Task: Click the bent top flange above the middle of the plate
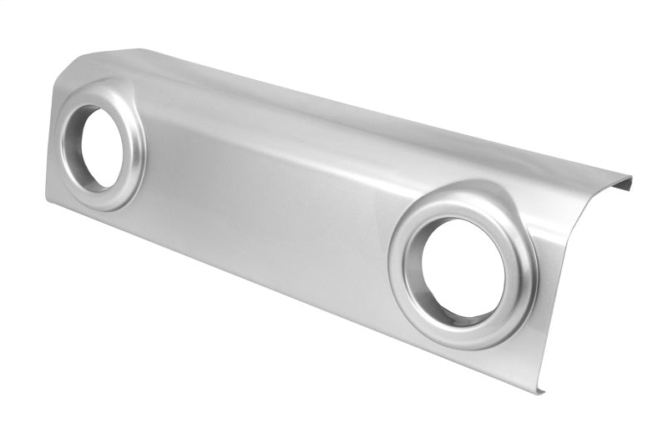[x=334, y=104]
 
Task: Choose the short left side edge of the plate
[x=52, y=133]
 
